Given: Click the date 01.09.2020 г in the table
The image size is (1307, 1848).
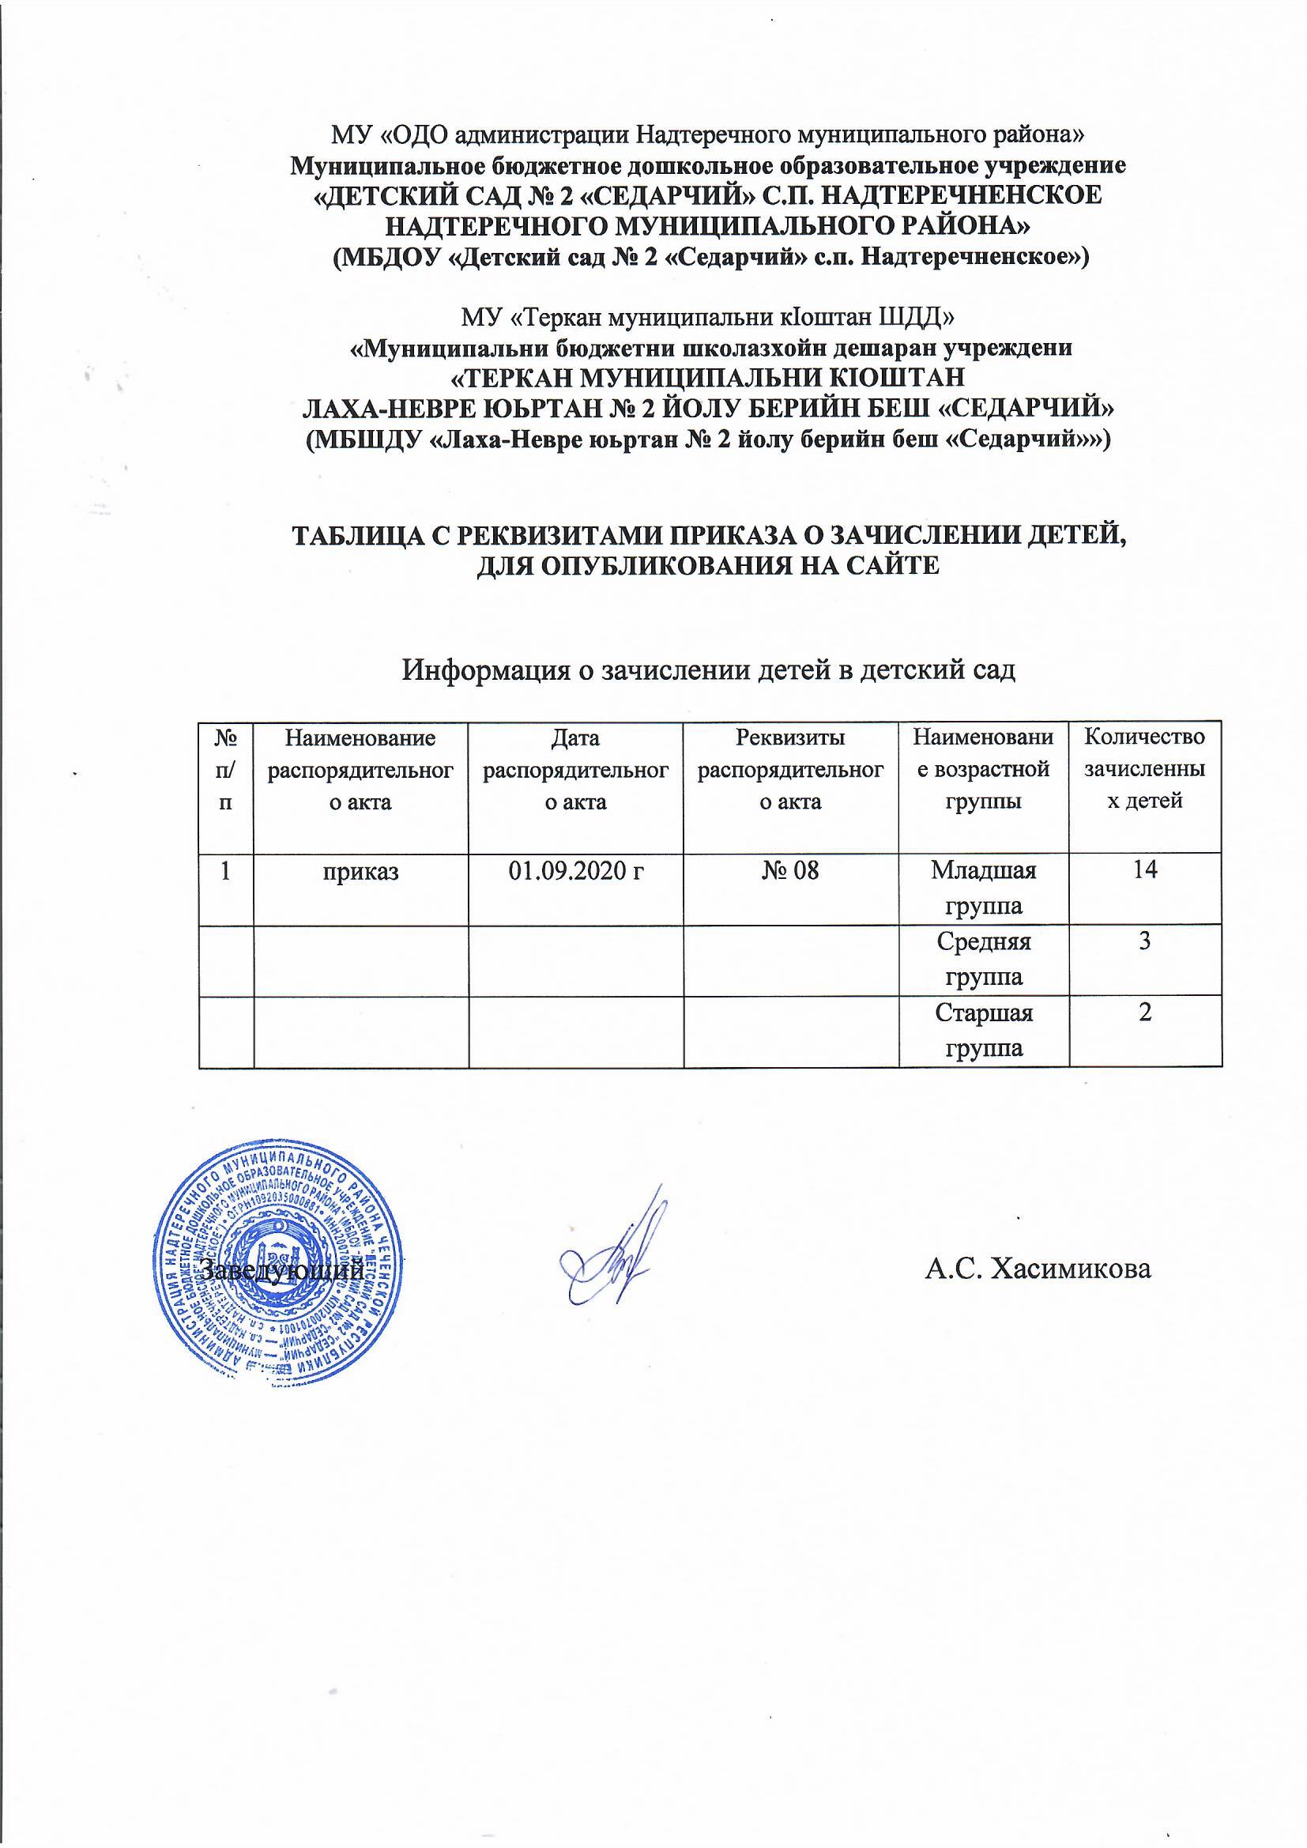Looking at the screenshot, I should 574,872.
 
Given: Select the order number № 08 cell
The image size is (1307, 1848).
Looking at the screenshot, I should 790,872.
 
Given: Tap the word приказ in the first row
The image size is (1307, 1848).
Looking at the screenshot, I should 360,872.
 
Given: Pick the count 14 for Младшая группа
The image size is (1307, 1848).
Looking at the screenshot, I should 1144,870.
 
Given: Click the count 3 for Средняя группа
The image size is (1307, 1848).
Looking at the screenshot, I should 1144,941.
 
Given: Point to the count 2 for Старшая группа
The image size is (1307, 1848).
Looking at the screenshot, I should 1144,1012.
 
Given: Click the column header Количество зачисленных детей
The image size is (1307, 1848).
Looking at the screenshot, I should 1144,768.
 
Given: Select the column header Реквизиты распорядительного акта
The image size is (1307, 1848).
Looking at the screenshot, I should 790,768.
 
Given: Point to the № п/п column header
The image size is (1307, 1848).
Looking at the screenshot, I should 225,768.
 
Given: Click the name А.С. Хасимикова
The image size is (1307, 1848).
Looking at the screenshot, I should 1038,1270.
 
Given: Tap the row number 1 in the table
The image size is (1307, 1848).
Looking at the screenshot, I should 226,872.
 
